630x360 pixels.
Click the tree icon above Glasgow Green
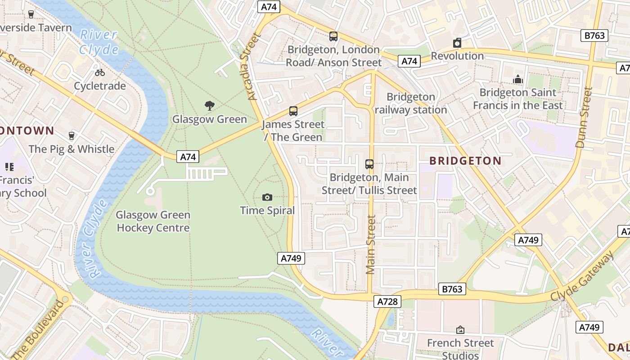[x=209, y=106]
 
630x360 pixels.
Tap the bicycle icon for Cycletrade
[x=99, y=72]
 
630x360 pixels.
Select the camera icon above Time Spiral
[x=267, y=197]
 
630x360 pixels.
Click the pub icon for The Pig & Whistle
[x=71, y=135]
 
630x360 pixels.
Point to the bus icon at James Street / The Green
[x=293, y=111]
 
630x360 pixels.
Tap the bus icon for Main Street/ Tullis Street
[x=369, y=164]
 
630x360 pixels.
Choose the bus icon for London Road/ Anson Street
[x=333, y=36]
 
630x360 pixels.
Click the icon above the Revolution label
[x=457, y=43]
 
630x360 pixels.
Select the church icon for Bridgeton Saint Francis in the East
[x=518, y=79]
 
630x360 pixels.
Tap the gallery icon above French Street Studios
[x=460, y=330]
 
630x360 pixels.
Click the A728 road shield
[x=387, y=301]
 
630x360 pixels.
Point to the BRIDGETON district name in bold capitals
[x=465, y=161]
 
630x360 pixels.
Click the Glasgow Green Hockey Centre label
[x=153, y=221]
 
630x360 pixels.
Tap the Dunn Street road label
[x=584, y=117]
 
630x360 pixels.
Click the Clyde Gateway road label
[x=582, y=277]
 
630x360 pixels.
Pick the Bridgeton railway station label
[x=411, y=103]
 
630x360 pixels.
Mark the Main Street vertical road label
[x=370, y=244]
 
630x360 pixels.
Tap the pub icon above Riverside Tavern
[x=31, y=14]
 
